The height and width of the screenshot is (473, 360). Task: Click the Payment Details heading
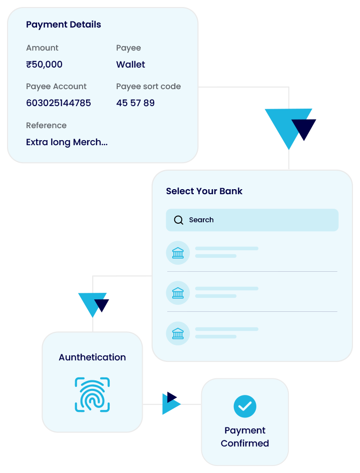(x=64, y=25)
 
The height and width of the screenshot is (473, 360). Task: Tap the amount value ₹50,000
(x=44, y=65)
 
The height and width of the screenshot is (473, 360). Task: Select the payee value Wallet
(x=131, y=65)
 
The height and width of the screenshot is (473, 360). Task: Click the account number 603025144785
(x=59, y=103)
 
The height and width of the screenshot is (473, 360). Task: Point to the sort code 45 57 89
(x=135, y=103)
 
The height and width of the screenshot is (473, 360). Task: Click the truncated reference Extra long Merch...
(x=67, y=142)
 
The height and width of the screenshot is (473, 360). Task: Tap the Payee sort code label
(x=148, y=87)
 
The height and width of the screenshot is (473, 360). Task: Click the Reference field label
(x=46, y=126)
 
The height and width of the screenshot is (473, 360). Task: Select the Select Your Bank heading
(x=204, y=191)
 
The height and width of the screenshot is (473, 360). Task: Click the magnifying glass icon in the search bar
(x=178, y=220)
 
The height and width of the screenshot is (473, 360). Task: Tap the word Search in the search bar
(x=201, y=220)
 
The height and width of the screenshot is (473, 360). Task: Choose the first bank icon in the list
(x=178, y=253)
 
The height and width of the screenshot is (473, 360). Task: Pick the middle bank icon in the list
(x=178, y=293)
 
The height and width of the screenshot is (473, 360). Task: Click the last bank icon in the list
(x=178, y=333)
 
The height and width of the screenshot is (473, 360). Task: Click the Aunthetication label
(x=92, y=357)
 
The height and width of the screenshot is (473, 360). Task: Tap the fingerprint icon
(x=92, y=394)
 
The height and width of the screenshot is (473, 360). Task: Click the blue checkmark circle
(x=245, y=406)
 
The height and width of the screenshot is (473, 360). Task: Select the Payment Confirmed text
(x=245, y=437)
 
